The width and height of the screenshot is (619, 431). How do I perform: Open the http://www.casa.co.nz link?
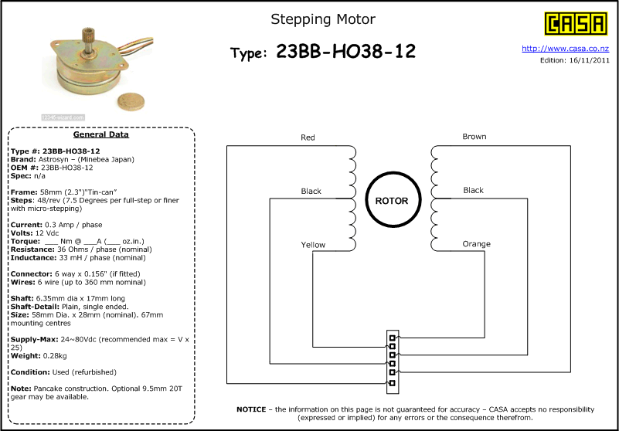tap(566, 49)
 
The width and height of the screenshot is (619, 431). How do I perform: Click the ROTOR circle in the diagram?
tap(392, 201)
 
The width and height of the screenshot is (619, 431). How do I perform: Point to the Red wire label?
tap(308, 137)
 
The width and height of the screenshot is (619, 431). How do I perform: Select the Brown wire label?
tap(474, 137)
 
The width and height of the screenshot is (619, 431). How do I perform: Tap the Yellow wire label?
tap(313, 245)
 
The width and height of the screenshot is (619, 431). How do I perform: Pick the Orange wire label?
tap(476, 244)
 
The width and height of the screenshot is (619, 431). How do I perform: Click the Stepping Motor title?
tap(323, 19)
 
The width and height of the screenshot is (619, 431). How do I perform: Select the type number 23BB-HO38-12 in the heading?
tap(345, 52)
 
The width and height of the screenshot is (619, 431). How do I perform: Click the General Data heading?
tap(100, 134)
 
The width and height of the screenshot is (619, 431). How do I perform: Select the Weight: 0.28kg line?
tap(39, 356)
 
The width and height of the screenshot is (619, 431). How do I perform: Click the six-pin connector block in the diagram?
tap(393, 360)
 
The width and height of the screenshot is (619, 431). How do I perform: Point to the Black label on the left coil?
tap(311, 191)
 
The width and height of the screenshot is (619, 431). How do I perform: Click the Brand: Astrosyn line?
tap(73, 159)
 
